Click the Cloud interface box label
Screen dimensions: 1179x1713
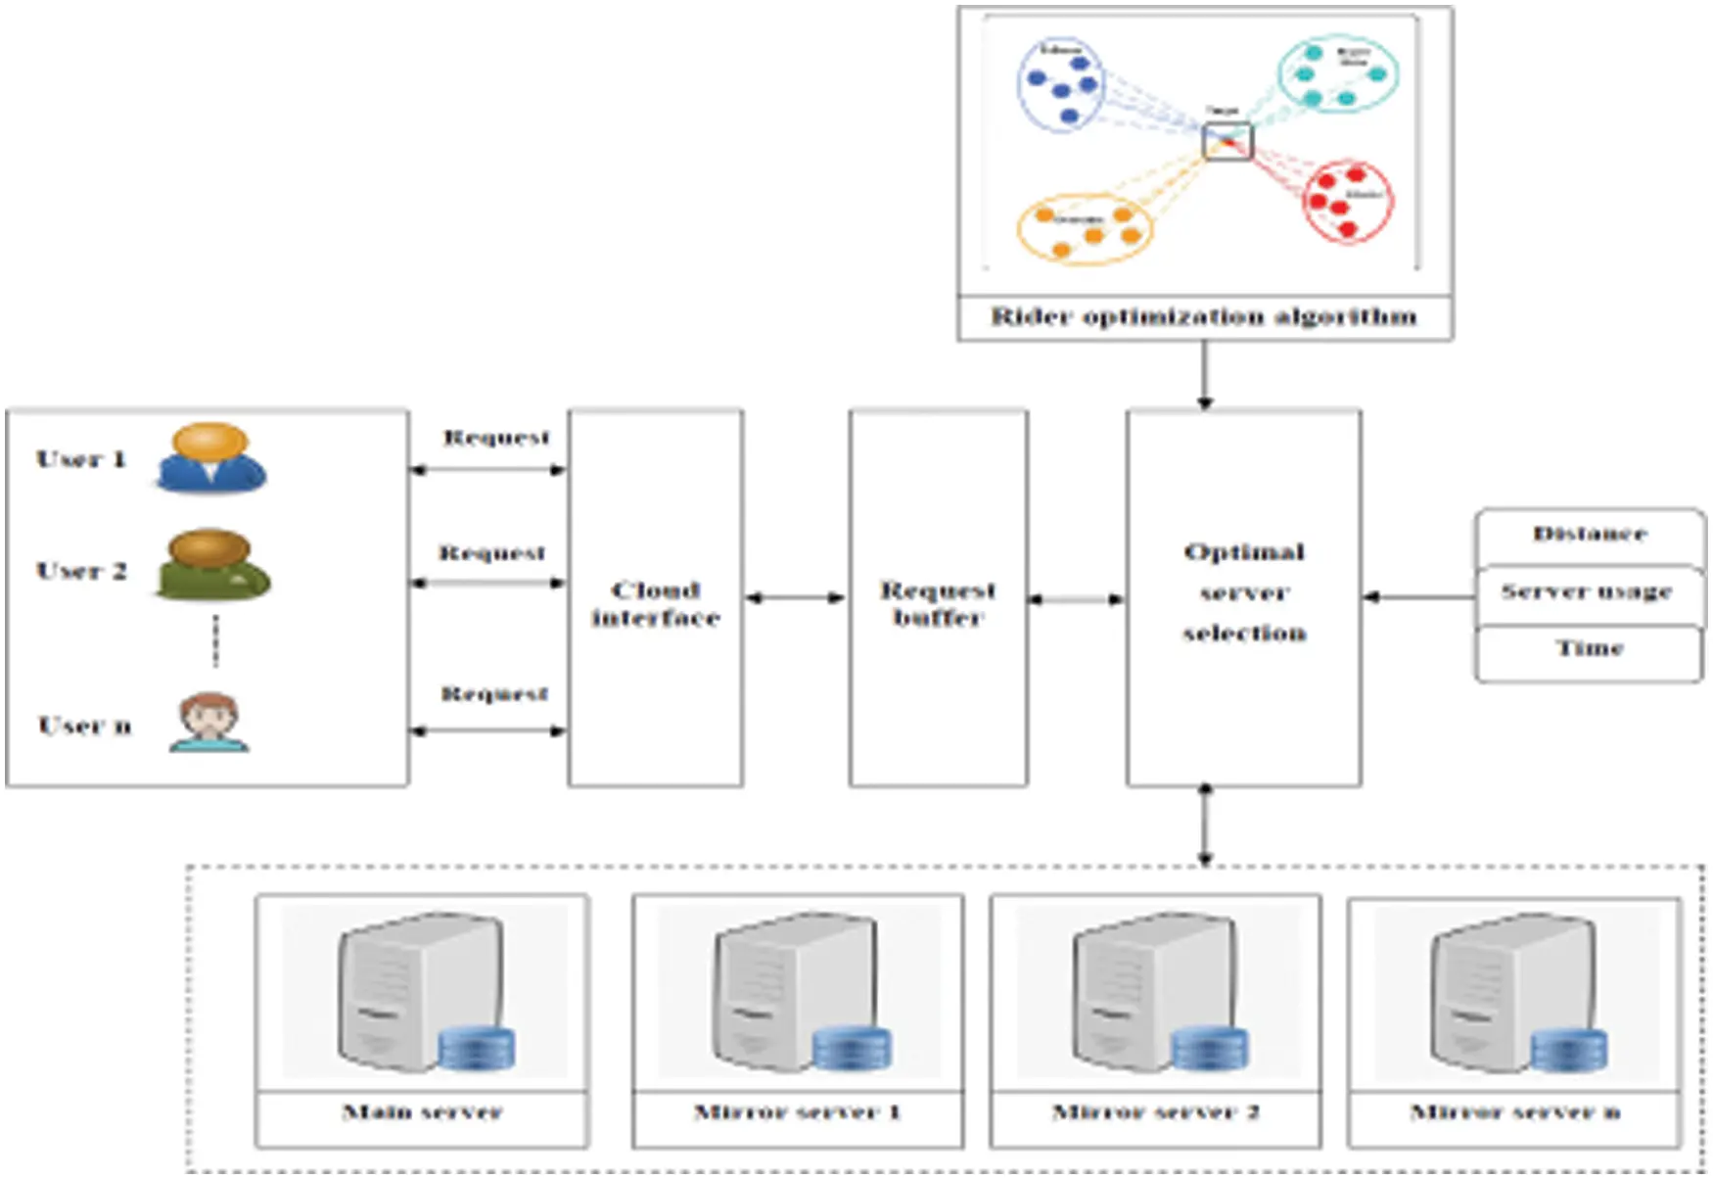pos(655,603)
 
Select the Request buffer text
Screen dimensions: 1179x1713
pos(938,603)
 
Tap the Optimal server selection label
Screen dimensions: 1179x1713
pos(1243,592)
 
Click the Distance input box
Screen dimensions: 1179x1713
pos(1589,535)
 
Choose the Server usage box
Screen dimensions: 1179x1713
pos(1587,592)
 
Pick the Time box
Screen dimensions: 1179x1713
pos(1589,649)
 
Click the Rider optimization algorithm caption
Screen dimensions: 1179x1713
pos(1204,317)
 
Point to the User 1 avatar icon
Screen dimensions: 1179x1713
pos(210,458)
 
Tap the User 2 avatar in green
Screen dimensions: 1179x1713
pos(211,565)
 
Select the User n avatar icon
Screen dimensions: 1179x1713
pos(209,724)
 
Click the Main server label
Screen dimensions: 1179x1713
pos(422,1112)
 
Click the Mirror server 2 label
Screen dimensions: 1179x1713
pos(1155,1112)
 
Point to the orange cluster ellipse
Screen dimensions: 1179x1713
pos(1085,229)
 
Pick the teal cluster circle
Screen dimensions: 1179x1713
pos(1337,73)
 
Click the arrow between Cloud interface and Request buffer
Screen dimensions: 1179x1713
pos(795,597)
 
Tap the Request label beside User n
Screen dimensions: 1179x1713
pos(494,694)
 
